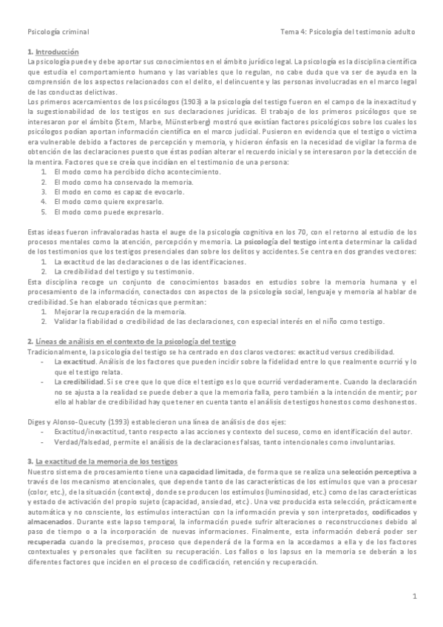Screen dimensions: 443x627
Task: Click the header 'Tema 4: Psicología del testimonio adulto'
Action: pos(348,33)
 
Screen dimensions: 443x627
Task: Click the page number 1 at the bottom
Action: pos(416,595)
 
